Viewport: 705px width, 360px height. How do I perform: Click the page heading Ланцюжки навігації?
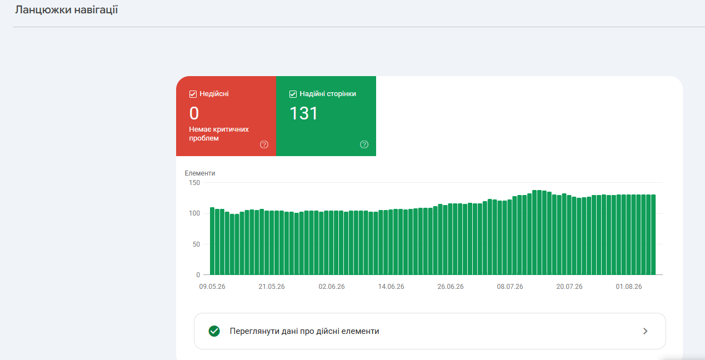tap(67, 10)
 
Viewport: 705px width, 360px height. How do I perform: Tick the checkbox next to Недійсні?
tap(193, 94)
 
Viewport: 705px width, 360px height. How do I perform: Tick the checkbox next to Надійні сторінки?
tap(293, 94)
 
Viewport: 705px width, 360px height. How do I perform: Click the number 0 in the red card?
tap(194, 113)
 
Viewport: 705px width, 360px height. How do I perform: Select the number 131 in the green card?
tap(303, 113)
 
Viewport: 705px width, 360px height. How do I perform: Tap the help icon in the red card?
tap(264, 144)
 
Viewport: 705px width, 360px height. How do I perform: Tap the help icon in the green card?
tap(364, 144)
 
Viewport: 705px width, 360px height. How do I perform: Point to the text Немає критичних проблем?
tap(219, 134)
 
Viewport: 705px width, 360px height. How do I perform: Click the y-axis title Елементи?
tap(200, 173)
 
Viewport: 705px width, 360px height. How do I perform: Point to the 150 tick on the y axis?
tap(194, 183)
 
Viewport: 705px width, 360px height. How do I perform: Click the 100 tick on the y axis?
tap(194, 213)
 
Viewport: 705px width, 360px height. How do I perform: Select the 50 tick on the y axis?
tap(196, 244)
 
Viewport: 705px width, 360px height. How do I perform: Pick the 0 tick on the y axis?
tap(198, 274)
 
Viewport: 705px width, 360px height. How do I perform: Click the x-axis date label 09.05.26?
tap(212, 287)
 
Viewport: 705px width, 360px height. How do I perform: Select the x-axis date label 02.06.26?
tap(332, 287)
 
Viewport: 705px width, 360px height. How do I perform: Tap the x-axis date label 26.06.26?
tap(451, 287)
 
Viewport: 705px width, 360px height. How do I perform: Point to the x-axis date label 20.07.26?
tap(569, 287)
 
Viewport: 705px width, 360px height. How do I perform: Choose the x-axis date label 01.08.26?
tap(629, 287)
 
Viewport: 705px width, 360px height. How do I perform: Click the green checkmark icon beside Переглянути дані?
tap(214, 331)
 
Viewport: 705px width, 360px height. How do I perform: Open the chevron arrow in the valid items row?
tap(645, 331)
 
